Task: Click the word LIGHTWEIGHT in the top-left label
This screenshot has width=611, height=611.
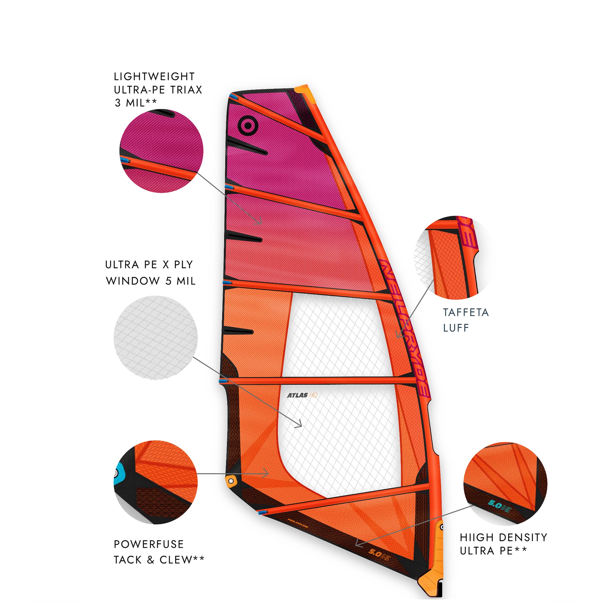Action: [x=154, y=76]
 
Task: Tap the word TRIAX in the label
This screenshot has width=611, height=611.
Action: [x=186, y=90]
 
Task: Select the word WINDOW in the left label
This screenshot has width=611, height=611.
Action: [x=133, y=281]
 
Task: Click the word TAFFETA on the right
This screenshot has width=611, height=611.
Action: [x=466, y=312]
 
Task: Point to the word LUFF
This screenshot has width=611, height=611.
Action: [x=456, y=328]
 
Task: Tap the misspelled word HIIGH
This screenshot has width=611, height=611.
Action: [x=476, y=537]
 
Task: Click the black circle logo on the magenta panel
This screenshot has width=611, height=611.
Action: [x=248, y=126]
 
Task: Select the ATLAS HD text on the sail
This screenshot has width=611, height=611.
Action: [x=302, y=395]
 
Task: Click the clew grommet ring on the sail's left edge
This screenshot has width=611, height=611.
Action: [x=231, y=481]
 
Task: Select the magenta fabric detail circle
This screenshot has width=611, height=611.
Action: [x=161, y=151]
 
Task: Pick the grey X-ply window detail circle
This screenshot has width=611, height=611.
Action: [x=156, y=337]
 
